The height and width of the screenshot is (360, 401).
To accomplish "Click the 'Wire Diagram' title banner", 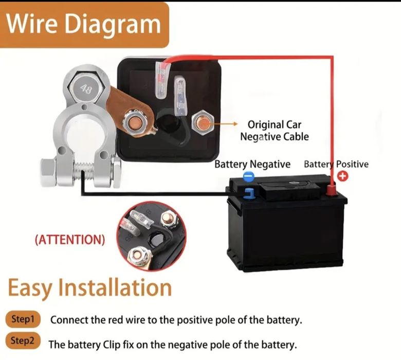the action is pyautogui.click(x=84, y=25).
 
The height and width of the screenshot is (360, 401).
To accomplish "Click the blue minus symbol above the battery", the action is pyautogui.click(x=248, y=176).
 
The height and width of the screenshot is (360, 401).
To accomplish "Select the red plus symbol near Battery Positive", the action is pyautogui.click(x=343, y=176).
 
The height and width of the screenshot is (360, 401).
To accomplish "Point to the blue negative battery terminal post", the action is pyautogui.click(x=249, y=193).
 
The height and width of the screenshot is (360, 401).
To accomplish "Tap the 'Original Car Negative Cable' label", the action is pyautogui.click(x=275, y=131).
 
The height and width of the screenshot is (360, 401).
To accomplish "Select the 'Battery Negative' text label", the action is pyautogui.click(x=252, y=164).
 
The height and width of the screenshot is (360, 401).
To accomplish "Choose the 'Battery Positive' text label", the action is pyautogui.click(x=336, y=164).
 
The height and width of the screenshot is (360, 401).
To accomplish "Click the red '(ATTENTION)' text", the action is pyautogui.click(x=70, y=240).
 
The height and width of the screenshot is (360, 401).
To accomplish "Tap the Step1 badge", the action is pyautogui.click(x=23, y=319).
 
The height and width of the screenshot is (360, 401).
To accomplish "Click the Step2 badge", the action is pyautogui.click(x=23, y=340).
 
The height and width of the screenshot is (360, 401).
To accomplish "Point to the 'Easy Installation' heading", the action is pyautogui.click(x=90, y=288).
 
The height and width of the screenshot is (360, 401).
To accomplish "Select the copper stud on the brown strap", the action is pyautogui.click(x=135, y=122).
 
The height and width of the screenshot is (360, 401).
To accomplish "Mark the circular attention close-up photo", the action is pyautogui.click(x=151, y=236).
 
